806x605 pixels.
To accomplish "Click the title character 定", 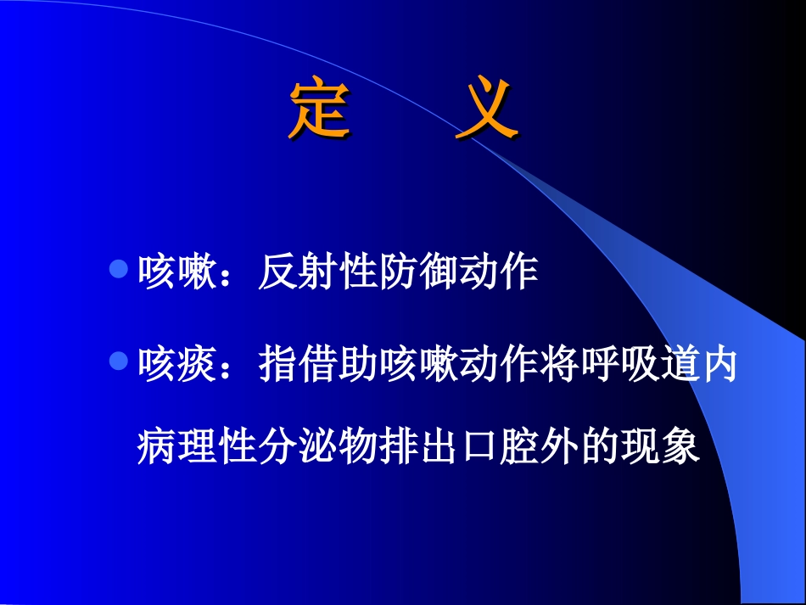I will pyautogui.click(x=319, y=109).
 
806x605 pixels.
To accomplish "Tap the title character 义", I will pyautogui.click(x=487, y=109).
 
